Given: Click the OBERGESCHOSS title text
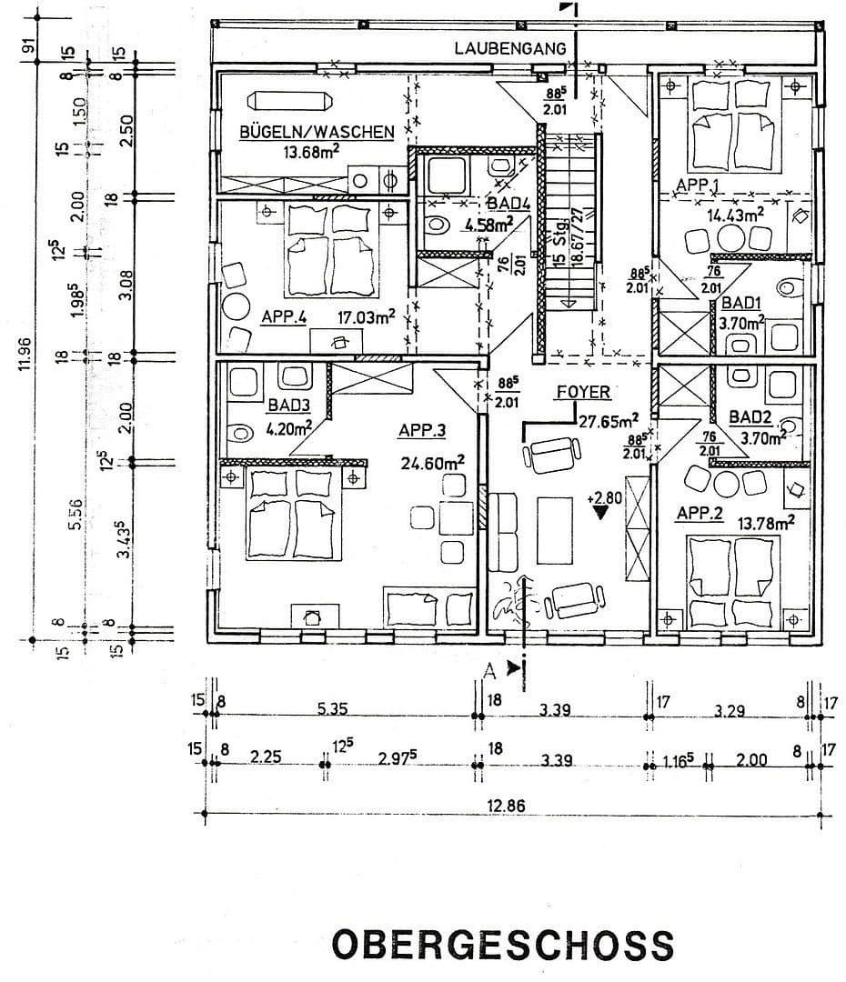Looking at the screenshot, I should (x=502, y=944).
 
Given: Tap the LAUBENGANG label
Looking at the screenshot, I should (x=510, y=48).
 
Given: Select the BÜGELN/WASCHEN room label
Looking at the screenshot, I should (x=316, y=132).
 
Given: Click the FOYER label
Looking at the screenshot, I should (x=583, y=392).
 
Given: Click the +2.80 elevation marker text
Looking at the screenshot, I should (x=604, y=497).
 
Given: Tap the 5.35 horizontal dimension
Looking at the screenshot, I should (x=336, y=709).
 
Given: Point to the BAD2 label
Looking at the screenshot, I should (x=752, y=418).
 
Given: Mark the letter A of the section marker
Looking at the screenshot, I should (x=490, y=670).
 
